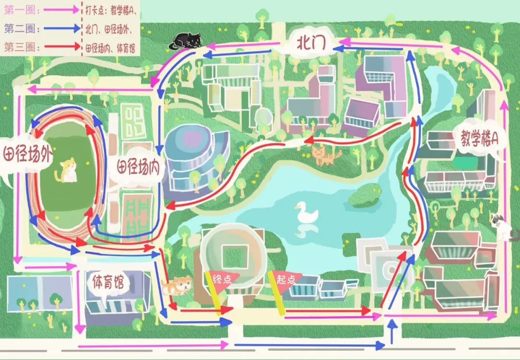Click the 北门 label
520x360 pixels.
point(312,44)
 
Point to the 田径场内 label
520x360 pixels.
point(138,167)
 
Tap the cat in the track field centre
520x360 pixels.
point(67,171)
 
